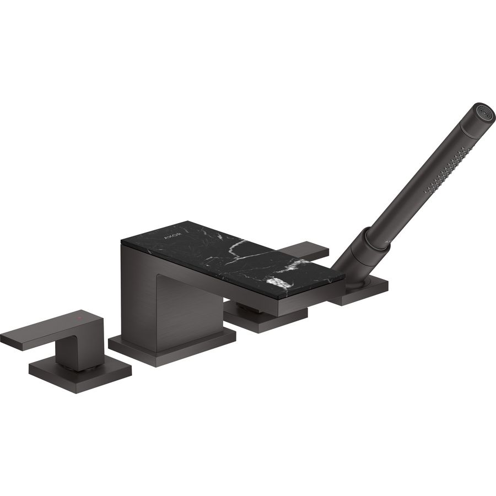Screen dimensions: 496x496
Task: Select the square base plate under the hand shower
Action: (x=361, y=292)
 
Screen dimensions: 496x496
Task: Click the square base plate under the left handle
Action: (x=80, y=376)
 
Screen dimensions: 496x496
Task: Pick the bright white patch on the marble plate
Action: (x=279, y=283)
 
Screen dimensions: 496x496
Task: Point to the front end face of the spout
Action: (x=314, y=300)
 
